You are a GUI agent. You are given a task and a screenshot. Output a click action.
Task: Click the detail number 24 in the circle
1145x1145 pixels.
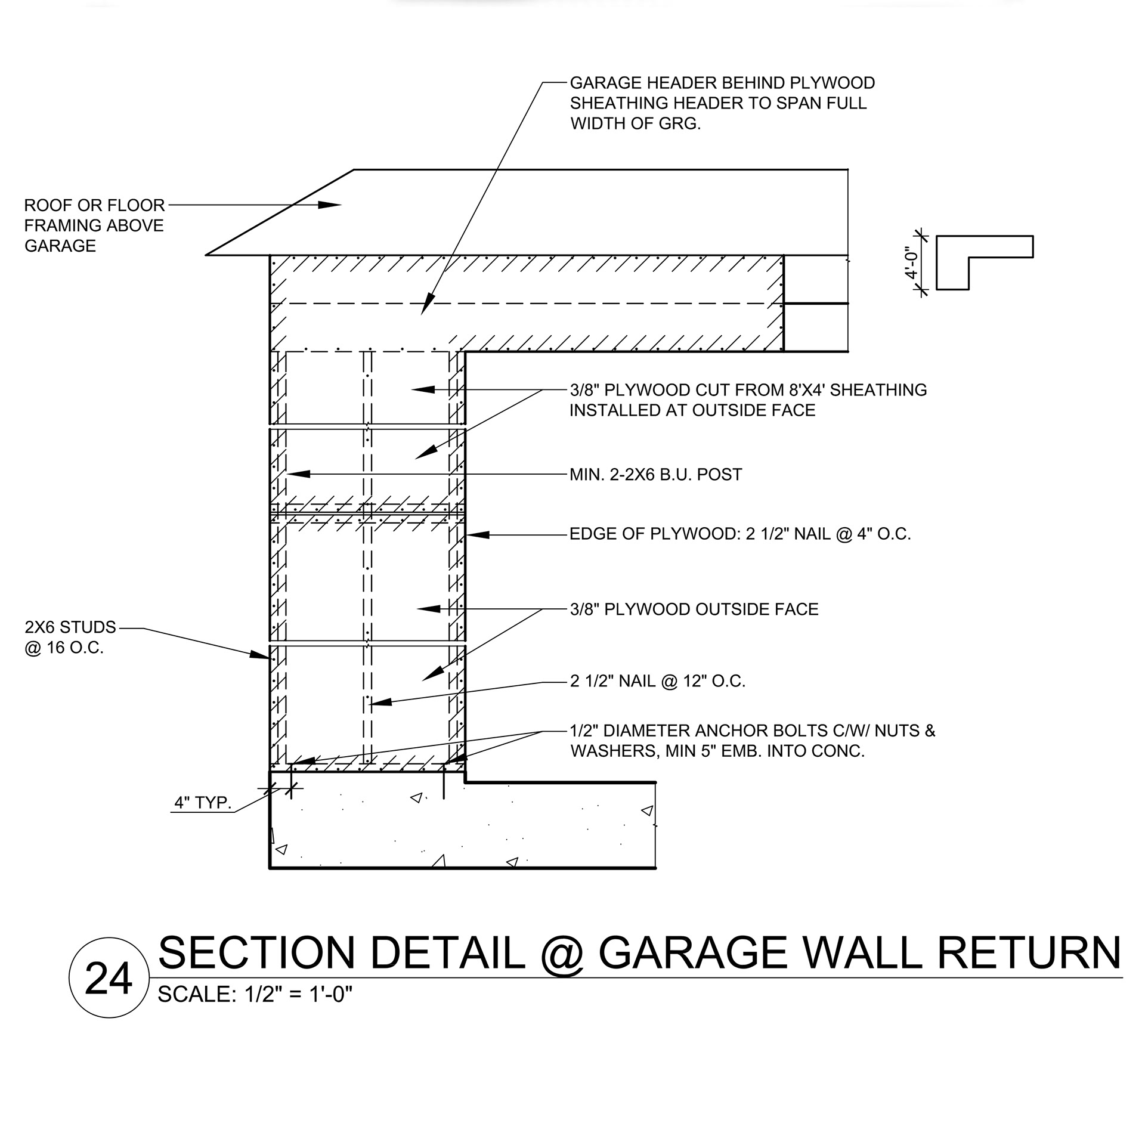point(108,979)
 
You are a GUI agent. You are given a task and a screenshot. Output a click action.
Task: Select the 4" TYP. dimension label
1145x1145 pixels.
point(202,803)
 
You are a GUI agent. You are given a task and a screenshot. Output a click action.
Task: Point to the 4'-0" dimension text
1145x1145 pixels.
point(911,263)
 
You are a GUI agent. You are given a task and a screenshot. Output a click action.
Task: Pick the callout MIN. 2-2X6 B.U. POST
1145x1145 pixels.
point(656,475)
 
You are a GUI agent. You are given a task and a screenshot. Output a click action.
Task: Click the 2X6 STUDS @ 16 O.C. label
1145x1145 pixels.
point(70,638)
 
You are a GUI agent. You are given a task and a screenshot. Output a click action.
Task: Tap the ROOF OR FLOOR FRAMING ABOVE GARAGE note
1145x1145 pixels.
point(94,225)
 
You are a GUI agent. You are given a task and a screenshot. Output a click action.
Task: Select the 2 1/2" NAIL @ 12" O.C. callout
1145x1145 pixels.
point(658,681)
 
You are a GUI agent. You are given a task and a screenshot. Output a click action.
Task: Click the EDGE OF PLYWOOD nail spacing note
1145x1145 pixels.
point(740,534)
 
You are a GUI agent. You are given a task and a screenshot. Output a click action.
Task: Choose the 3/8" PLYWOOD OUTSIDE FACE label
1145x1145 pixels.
point(694,609)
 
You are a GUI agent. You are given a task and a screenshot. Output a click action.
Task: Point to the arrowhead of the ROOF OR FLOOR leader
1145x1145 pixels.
point(331,205)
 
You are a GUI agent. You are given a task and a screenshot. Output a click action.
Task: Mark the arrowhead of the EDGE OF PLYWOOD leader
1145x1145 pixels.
point(477,535)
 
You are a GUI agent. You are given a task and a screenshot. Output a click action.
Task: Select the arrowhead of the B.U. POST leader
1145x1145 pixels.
point(298,474)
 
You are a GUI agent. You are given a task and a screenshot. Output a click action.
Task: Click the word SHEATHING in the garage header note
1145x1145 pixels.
point(619,103)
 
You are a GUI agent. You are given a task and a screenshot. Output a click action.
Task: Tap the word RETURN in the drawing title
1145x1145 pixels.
point(1028,953)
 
